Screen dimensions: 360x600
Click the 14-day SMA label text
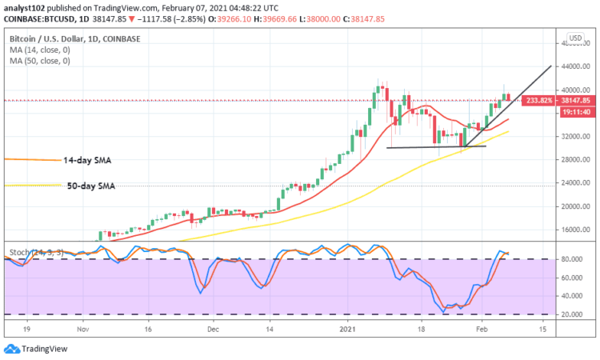tap(89, 160)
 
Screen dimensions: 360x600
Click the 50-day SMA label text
tap(90, 186)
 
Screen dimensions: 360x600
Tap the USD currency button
tap(574, 38)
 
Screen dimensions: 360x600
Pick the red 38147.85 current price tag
tap(576, 101)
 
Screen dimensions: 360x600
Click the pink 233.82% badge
tap(535, 101)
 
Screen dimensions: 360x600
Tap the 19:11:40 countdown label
tap(576, 112)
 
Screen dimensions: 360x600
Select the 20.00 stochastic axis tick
tap(570, 314)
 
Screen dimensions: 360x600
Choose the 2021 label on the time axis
tap(347, 329)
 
